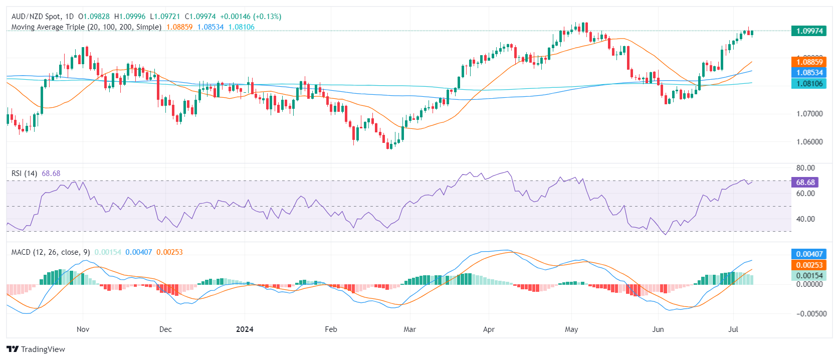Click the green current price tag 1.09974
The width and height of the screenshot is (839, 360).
[809, 31]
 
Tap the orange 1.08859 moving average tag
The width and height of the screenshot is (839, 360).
[809, 62]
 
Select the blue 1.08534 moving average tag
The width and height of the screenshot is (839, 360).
[809, 73]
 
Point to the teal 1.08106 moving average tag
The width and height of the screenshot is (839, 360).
[809, 84]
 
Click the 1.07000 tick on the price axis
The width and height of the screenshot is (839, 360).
[809, 114]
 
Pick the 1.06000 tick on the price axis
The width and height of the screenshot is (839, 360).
[809, 142]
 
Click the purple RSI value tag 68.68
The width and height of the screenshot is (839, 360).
[805, 183]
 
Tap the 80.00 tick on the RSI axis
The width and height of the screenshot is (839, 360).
[805, 168]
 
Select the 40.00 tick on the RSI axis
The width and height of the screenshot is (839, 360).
[805, 219]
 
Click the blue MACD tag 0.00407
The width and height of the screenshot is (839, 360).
[809, 254]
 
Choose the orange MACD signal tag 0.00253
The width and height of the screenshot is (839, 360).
[809, 265]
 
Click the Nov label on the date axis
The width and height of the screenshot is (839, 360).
[83, 329]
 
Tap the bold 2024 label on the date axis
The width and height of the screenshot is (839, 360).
[245, 329]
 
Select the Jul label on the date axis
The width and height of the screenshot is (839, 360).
[733, 329]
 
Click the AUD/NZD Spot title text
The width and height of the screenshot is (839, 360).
[35, 17]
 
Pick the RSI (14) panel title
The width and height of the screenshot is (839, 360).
[24, 173]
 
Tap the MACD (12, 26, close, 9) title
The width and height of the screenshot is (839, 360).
[51, 252]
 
